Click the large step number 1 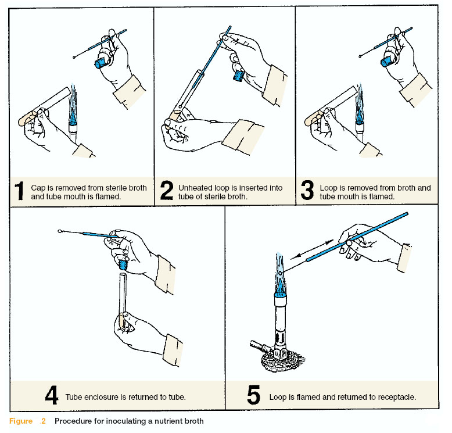(x=19, y=191)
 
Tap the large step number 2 (x=167, y=190)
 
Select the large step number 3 (x=307, y=190)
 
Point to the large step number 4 (x=52, y=395)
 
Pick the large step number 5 (x=254, y=395)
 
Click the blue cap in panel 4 (x=123, y=264)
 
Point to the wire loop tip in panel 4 (x=60, y=231)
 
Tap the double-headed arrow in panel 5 (x=312, y=249)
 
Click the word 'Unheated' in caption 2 (x=195, y=188)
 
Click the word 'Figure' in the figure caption (x=21, y=421)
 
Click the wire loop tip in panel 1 (x=74, y=57)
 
